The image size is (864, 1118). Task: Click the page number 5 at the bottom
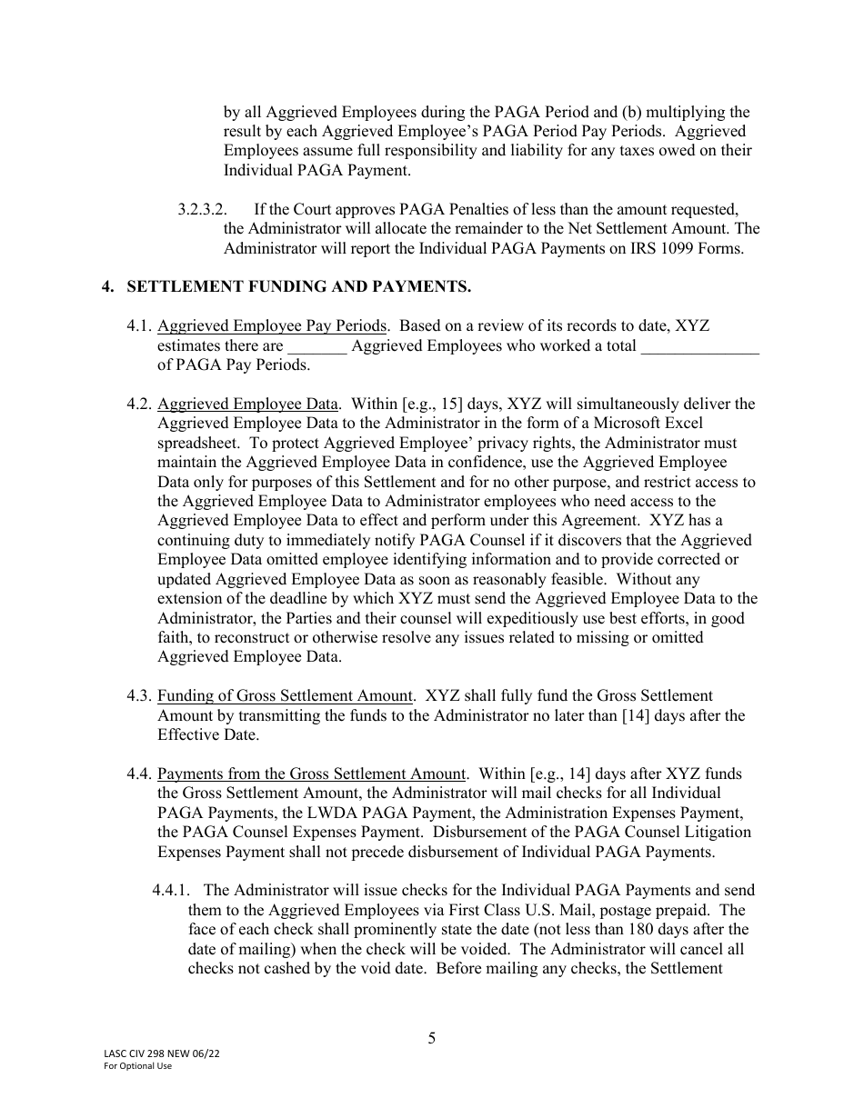click(x=432, y=1038)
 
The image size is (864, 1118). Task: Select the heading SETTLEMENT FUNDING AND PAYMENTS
click(x=298, y=287)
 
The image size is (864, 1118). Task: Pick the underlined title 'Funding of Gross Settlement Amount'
click(x=285, y=696)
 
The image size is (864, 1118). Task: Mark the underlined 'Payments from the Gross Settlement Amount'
click(x=311, y=774)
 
